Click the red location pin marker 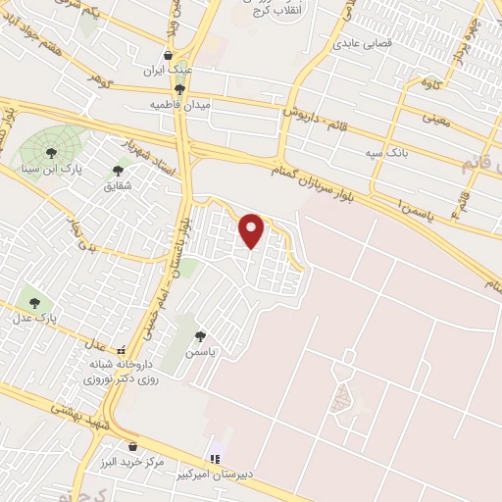pos(252,229)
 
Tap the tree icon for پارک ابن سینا pos(50,151)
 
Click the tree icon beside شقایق pos(118,171)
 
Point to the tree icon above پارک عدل pos(35,303)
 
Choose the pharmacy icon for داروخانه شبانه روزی pos(121,350)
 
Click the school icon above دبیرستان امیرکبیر pos(215,459)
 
